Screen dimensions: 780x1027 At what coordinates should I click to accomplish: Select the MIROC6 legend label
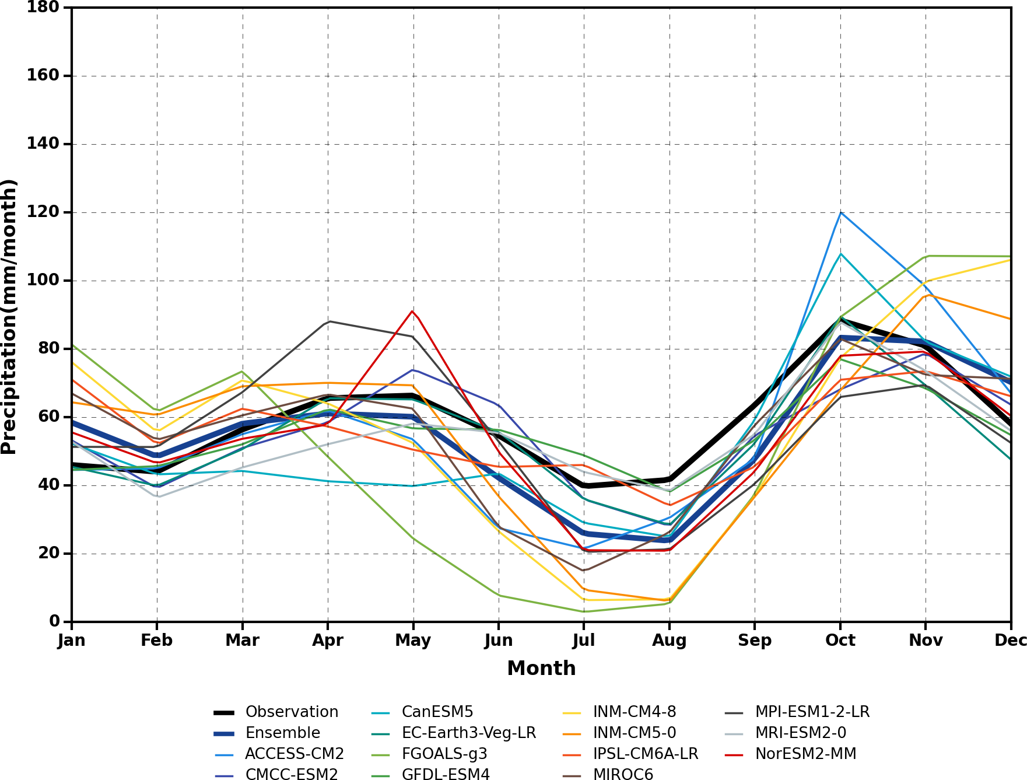click(623, 774)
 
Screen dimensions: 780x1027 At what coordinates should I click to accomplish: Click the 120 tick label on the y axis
click(43, 212)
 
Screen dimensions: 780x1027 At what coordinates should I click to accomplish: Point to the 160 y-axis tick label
click(43, 76)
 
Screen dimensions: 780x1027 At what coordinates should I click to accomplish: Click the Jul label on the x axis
click(584, 641)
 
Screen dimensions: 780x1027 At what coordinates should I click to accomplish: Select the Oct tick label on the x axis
click(840, 641)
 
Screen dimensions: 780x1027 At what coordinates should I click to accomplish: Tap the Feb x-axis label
click(156, 641)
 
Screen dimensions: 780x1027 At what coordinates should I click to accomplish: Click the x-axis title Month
click(541, 668)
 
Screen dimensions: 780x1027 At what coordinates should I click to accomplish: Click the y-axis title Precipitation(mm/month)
click(9, 317)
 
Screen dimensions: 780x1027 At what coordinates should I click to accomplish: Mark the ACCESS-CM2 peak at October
click(840, 212)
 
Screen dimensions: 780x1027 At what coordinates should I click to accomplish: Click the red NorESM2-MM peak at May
click(413, 311)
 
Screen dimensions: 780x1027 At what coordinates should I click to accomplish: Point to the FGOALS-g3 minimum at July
click(584, 611)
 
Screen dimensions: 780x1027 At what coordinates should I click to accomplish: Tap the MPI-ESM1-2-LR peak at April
click(330, 321)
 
